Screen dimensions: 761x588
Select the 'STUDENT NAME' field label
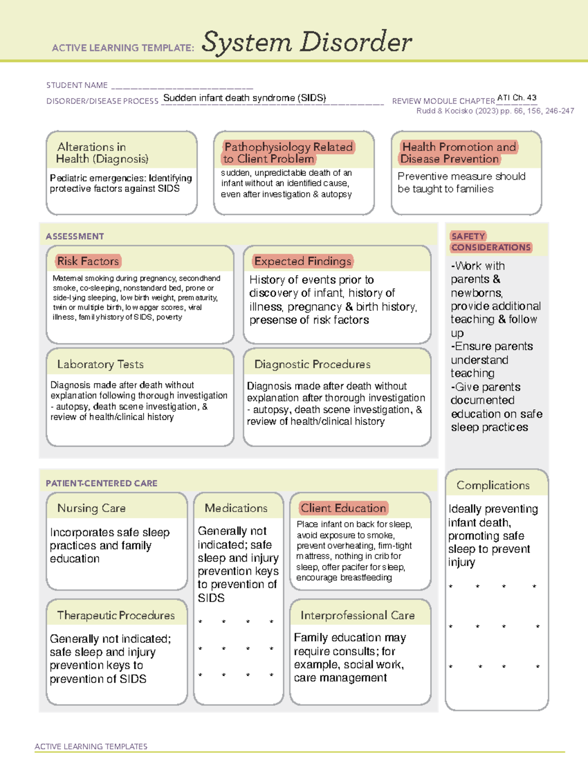coord(77,85)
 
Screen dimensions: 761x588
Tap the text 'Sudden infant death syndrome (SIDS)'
coord(245,98)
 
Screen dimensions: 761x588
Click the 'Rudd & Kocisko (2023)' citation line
coord(495,111)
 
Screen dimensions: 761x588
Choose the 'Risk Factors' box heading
coord(88,261)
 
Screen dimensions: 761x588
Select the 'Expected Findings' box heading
coord(303,261)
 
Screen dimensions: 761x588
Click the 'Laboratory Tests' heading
coord(100,364)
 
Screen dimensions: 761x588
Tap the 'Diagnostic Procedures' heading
coord(312,364)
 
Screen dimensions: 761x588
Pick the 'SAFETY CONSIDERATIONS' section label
coord(490,242)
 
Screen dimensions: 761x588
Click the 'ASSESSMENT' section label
coord(75,236)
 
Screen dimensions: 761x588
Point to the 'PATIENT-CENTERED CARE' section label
coord(101,483)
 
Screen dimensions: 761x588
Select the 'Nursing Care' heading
coord(92,508)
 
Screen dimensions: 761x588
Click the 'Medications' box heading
coord(236,508)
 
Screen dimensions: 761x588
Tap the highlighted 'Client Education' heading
coord(343,508)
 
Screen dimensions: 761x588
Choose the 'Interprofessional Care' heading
coord(358,615)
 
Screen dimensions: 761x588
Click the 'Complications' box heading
coord(493,485)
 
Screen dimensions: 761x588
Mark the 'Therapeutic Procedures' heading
coord(116,615)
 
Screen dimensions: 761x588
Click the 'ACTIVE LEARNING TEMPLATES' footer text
coord(91,746)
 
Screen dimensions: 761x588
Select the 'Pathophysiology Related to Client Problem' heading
coord(289,153)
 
